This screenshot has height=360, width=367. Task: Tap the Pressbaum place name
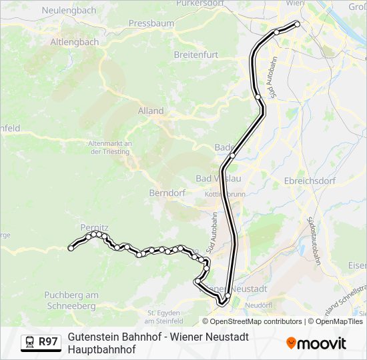pos(151,23)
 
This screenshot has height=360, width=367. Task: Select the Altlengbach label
pos(75,42)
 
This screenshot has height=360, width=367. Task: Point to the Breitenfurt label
pos(192,54)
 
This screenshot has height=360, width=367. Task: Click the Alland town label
pos(151,111)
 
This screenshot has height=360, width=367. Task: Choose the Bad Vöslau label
pos(218,179)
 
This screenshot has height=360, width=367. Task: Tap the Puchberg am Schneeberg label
pos(71,300)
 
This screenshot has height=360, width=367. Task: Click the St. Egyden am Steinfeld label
pos(165,317)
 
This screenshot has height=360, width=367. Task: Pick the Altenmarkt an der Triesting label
pos(112,147)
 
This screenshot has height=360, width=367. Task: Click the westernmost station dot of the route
pos(71,248)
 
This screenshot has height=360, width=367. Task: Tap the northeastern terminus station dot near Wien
pos(298,24)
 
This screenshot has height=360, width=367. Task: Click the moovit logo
pos(316,343)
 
